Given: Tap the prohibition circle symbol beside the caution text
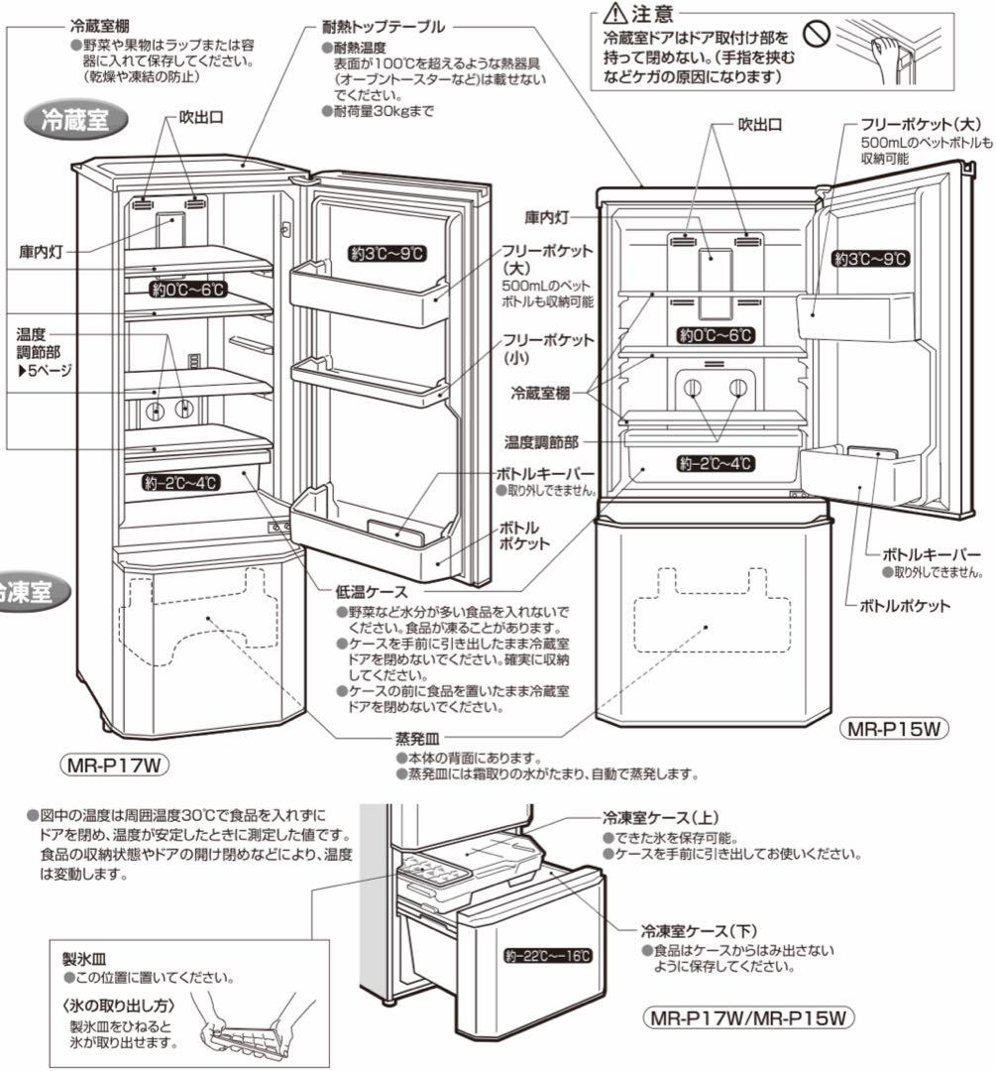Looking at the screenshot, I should coord(815,36).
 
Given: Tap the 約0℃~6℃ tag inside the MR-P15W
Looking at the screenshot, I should coord(714,334).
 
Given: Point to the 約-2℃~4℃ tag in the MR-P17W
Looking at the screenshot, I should coord(179,482).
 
